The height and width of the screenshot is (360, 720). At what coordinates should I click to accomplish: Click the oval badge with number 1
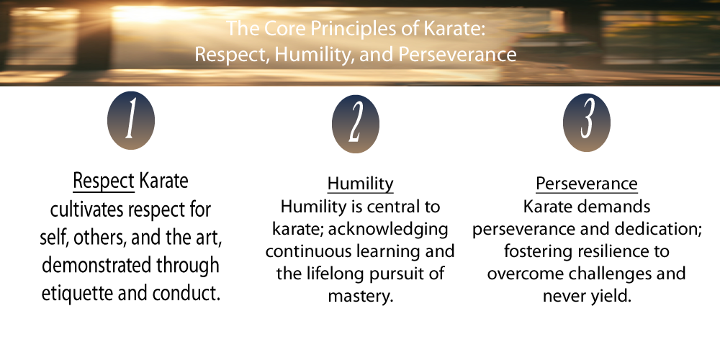[x=131, y=120]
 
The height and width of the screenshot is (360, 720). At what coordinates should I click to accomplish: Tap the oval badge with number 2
[x=356, y=124]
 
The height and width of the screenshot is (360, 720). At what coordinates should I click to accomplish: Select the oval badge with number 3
[x=586, y=122]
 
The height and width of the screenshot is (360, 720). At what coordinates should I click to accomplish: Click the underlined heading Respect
[x=104, y=181]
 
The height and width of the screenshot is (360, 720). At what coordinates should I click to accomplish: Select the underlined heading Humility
[x=361, y=184]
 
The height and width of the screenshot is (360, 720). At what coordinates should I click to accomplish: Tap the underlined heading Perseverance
[x=586, y=184]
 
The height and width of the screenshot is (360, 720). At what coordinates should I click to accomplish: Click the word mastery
[x=361, y=296]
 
